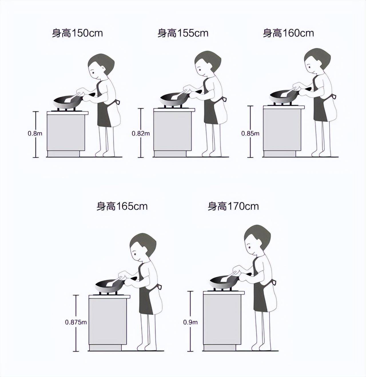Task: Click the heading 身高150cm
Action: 77,33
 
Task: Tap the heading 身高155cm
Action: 183,33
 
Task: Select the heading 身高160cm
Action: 289,33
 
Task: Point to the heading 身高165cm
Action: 122,206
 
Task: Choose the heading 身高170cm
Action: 233,206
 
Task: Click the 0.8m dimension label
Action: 35,133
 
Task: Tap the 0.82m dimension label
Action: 141,133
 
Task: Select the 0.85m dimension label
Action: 250,133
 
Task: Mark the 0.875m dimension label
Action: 76,322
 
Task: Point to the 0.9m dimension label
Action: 190,322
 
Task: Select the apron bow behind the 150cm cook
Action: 118,102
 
